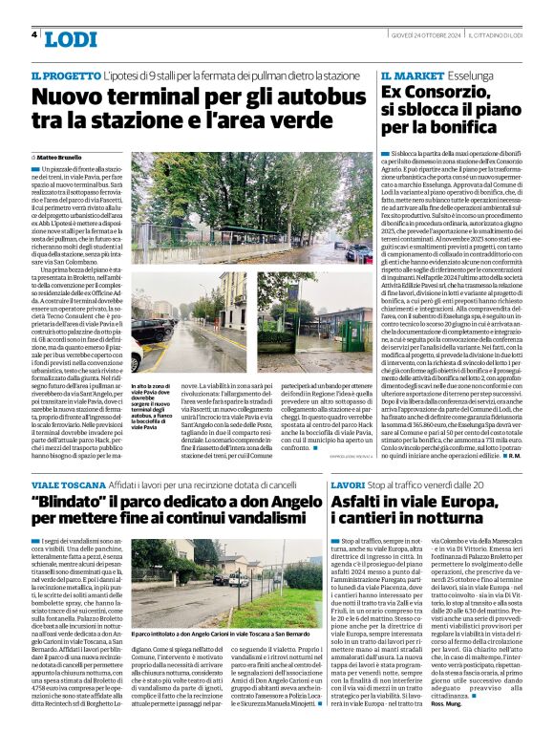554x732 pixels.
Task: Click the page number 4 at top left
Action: tap(34, 35)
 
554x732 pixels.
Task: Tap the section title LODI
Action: tap(70, 39)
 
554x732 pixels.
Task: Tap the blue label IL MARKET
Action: tap(413, 75)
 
